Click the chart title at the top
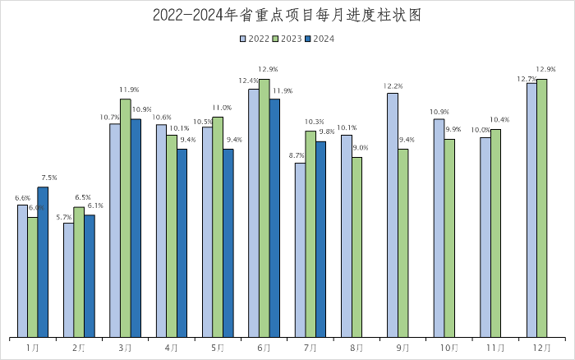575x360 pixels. pyautogui.click(x=287, y=16)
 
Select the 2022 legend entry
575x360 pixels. pyautogui.click(x=255, y=38)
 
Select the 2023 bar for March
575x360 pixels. pyautogui.click(x=126, y=218)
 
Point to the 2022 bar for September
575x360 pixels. pyautogui.click(x=393, y=215)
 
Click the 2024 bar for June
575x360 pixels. pyautogui.click(x=275, y=218)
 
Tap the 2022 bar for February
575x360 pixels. pyautogui.click(x=68, y=279)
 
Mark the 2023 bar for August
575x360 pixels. pyautogui.click(x=357, y=247)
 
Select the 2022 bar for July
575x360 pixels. pyautogui.click(x=300, y=250)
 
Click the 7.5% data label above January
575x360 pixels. pyautogui.click(x=48, y=178)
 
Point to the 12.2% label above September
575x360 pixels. pyautogui.click(x=393, y=85)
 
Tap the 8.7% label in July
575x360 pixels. pyautogui.click(x=297, y=155)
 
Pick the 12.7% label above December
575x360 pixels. pyautogui.click(x=527, y=78)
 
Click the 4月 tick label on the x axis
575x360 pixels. pyautogui.click(x=171, y=348)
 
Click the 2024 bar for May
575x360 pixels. pyautogui.click(x=228, y=242)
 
